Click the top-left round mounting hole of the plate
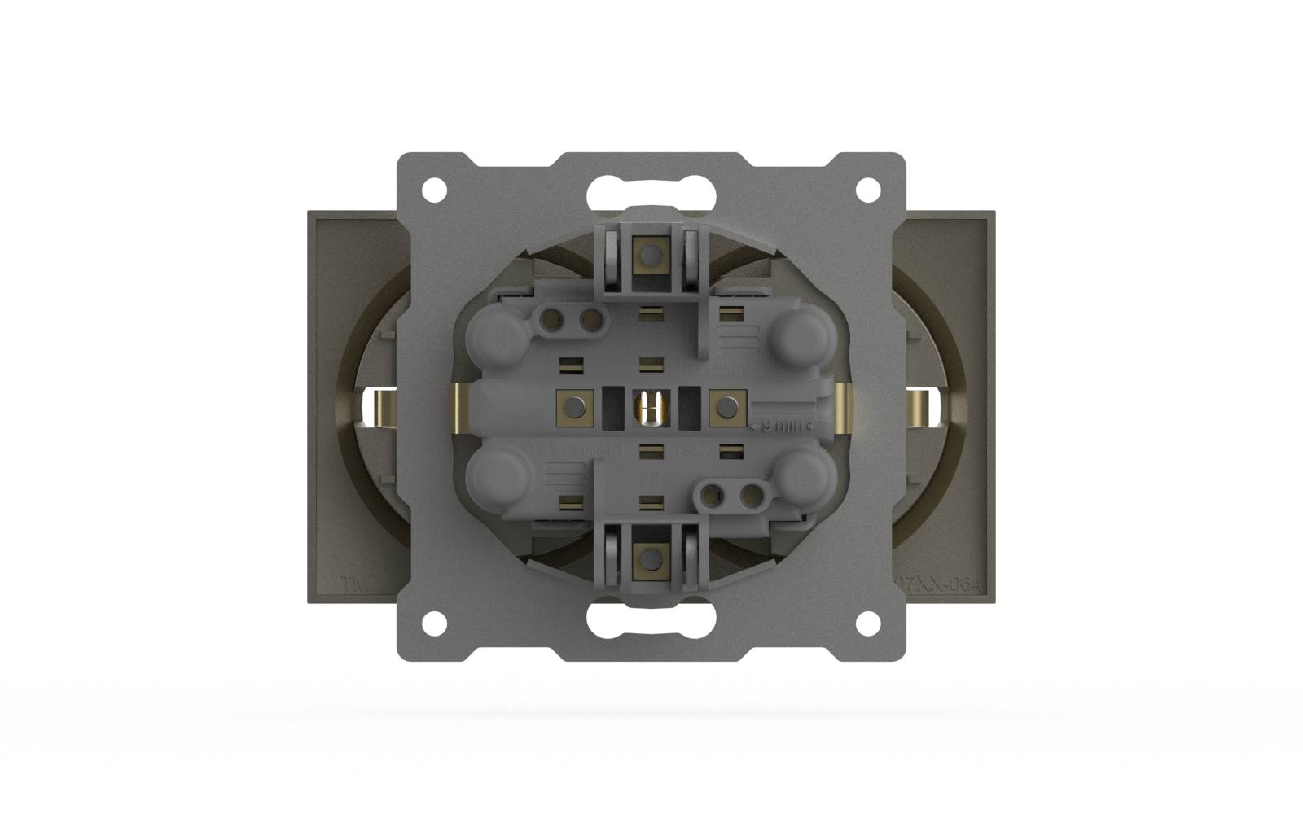click(434, 190)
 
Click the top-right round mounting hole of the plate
click(868, 190)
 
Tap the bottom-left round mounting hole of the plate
click(434, 624)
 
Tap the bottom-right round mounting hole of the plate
click(868, 624)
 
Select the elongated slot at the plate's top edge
click(651, 192)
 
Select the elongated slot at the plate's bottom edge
click(651, 622)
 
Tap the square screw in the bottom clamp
click(650, 558)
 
